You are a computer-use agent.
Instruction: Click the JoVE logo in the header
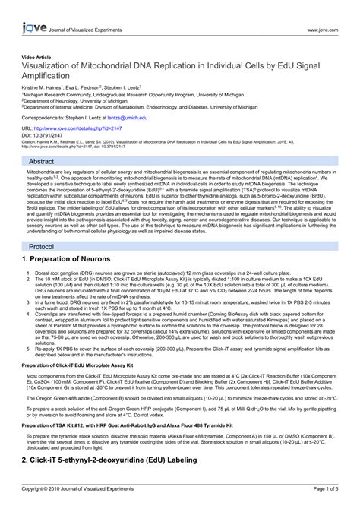point(24,9)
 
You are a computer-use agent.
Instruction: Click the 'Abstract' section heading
point(41,162)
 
